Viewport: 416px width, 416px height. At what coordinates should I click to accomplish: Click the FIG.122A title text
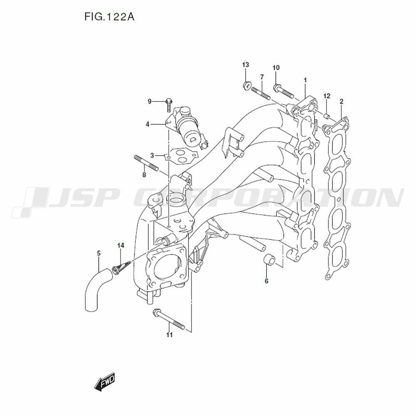tap(109, 17)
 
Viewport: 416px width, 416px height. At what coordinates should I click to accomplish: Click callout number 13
tap(245, 64)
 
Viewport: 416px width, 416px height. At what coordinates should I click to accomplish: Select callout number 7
tap(262, 77)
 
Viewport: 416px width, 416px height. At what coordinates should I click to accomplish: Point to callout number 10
tap(276, 68)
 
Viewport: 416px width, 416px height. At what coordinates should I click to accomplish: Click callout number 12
tap(327, 96)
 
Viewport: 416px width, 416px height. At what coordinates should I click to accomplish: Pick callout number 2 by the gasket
tap(341, 101)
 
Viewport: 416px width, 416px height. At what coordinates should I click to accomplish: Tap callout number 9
tap(150, 101)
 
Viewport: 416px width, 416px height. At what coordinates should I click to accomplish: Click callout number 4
tap(147, 124)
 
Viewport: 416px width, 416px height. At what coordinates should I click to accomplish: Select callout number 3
tap(152, 155)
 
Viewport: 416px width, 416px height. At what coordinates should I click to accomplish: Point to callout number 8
tap(144, 175)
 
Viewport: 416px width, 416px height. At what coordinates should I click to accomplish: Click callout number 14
tap(120, 245)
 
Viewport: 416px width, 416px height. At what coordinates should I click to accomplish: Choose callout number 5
tap(99, 253)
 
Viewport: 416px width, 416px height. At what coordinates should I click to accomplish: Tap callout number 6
tap(266, 281)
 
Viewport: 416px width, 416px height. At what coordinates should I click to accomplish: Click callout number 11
tap(169, 334)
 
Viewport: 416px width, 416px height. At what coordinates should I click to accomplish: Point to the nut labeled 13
tap(246, 86)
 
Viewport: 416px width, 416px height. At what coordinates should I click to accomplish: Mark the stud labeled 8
tap(146, 163)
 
